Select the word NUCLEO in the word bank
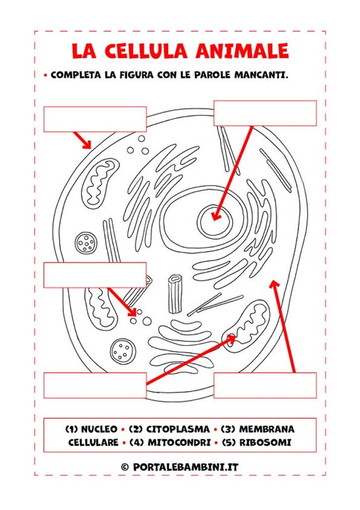tap(99, 429)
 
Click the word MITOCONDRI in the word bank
tap(179, 443)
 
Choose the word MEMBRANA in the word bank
tap(267, 429)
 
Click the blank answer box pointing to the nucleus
tap(265, 113)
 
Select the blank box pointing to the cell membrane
tap(95, 119)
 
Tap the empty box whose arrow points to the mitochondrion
tap(95, 385)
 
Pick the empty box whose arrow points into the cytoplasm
tap(265, 385)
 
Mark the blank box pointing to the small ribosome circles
tap(95, 275)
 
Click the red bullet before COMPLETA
tap(45, 76)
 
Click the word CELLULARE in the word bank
tap(93, 443)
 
